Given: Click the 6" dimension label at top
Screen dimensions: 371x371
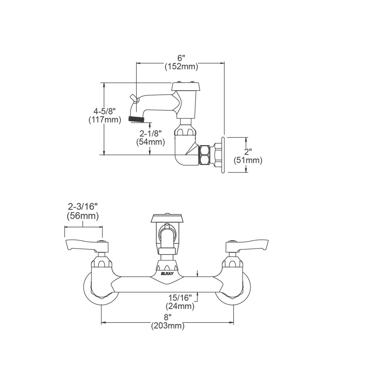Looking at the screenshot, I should pyautogui.click(x=181, y=58).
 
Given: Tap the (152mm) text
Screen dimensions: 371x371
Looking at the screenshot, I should pyautogui.click(x=181, y=66).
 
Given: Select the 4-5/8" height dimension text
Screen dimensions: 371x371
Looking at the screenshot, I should pyautogui.click(x=104, y=111).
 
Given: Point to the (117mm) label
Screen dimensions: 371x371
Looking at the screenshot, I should pyautogui.click(x=104, y=119).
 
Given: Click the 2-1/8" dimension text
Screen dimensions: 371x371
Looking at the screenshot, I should pyautogui.click(x=151, y=134).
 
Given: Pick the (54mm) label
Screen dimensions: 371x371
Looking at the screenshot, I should pyautogui.click(x=151, y=142).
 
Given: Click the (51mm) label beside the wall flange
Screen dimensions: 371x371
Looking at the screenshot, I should pyautogui.click(x=248, y=160).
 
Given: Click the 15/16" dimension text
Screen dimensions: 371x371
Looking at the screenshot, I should pyautogui.click(x=180, y=298).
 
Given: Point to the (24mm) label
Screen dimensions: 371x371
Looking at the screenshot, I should pyautogui.click(x=180, y=306).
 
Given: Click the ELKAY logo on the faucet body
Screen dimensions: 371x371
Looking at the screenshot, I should pyautogui.click(x=167, y=273).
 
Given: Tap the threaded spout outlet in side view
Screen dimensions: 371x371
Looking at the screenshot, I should pyautogui.click(x=135, y=118).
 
